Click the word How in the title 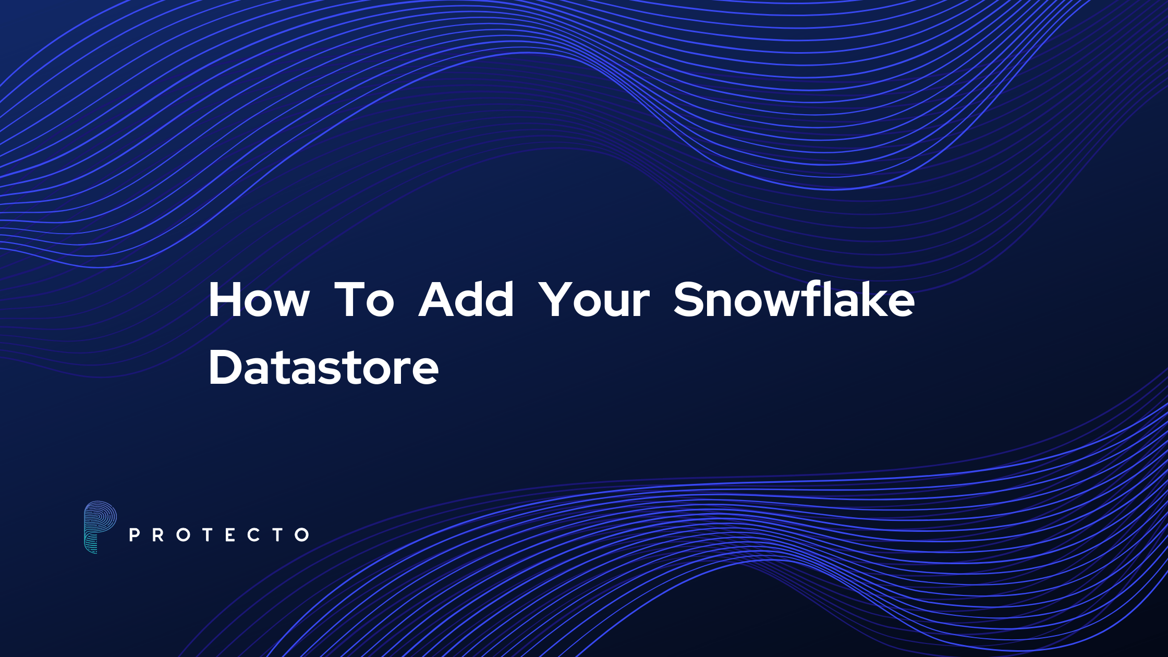[259, 300]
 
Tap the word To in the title [364, 300]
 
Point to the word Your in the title [594, 300]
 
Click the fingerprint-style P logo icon [100, 527]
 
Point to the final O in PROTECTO [302, 534]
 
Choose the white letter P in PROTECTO [134, 534]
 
